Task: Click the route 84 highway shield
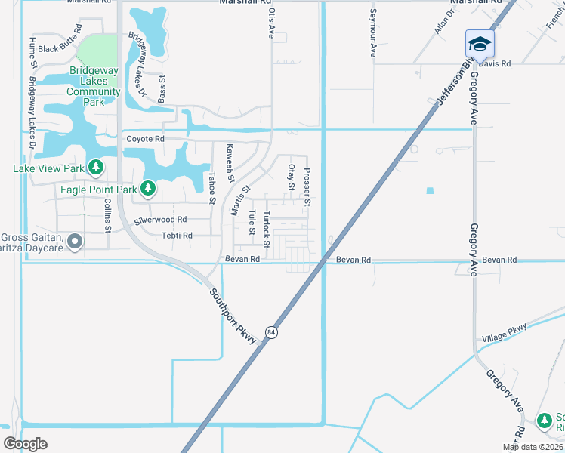click(x=270, y=332)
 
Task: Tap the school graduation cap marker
click(x=479, y=44)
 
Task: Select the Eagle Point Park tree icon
click(x=149, y=186)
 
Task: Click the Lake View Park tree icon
click(x=95, y=166)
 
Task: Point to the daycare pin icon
click(x=74, y=242)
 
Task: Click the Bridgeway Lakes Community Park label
click(x=94, y=86)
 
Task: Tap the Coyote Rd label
click(x=145, y=139)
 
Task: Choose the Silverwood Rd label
click(x=160, y=220)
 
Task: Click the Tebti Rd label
click(x=177, y=236)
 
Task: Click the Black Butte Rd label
click(x=59, y=49)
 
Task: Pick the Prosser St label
click(x=307, y=187)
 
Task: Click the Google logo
click(x=25, y=443)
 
